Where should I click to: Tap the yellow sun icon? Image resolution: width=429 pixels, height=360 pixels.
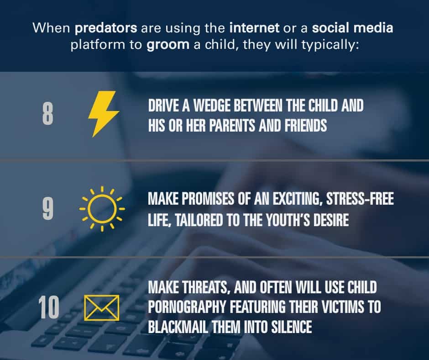tap(102, 209)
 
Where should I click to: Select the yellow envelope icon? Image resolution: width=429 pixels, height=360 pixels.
tap(101, 307)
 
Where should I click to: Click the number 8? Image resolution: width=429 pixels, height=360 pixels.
tap(47, 114)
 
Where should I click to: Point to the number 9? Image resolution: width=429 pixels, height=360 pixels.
tap(48, 209)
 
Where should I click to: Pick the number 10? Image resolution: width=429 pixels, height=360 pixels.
tap(49, 307)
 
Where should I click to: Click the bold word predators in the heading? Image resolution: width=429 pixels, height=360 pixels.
tap(105, 28)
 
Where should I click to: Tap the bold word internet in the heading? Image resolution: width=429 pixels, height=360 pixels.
tap(255, 28)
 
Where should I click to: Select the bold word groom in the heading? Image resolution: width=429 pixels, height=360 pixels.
tap(167, 45)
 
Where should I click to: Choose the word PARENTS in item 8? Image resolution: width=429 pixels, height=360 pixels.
tap(232, 126)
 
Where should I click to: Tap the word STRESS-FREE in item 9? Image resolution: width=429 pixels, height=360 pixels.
tap(360, 199)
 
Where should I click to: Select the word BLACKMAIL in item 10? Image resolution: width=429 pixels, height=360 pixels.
tap(178, 327)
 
